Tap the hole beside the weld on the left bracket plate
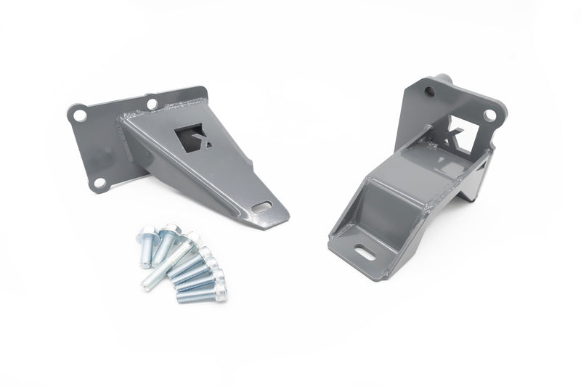pyautogui.click(x=152, y=104)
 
